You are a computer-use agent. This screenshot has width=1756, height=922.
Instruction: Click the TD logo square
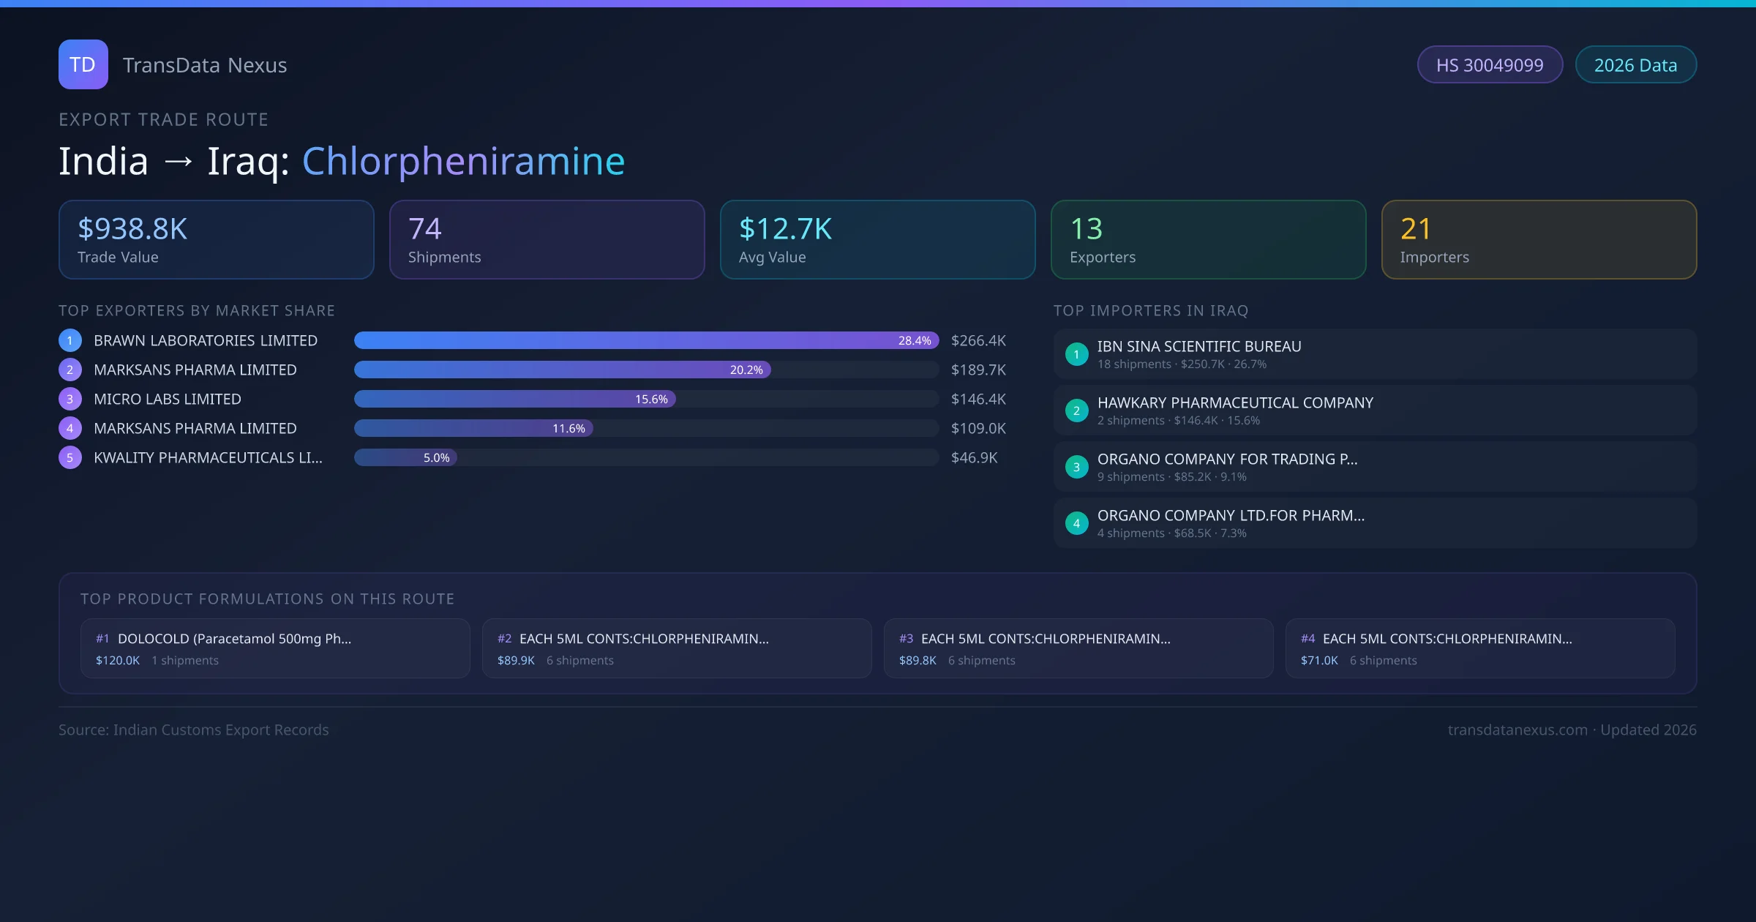pyautogui.click(x=83, y=64)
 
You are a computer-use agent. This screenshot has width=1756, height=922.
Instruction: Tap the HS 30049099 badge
pyautogui.click(x=1489, y=65)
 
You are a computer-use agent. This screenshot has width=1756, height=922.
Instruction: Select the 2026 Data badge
pyautogui.click(x=1635, y=65)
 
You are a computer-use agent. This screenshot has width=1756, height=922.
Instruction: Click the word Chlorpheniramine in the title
pyautogui.click(x=463, y=161)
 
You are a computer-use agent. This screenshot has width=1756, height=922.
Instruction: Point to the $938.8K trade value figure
pyautogui.click(x=132, y=228)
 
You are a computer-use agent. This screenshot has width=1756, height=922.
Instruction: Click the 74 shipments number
pyautogui.click(x=424, y=228)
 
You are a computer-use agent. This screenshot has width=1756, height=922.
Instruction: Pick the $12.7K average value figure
pyautogui.click(x=785, y=228)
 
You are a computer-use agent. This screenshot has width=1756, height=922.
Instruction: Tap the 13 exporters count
pyautogui.click(x=1086, y=228)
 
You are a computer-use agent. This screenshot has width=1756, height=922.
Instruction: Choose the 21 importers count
pyautogui.click(x=1416, y=228)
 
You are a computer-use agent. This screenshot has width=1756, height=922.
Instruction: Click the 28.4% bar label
pyautogui.click(x=914, y=340)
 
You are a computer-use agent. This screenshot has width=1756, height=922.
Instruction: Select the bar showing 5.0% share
pyautogui.click(x=405, y=457)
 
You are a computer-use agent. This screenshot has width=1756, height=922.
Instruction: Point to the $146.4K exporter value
pyautogui.click(x=978, y=399)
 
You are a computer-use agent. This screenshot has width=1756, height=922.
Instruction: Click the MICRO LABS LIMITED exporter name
pyautogui.click(x=167, y=399)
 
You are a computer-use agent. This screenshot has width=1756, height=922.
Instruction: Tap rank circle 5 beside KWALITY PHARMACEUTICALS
pyautogui.click(x=70, y=457)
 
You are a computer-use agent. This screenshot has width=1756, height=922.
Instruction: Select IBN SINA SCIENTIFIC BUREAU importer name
pyautogui.click(x=1198, y=346)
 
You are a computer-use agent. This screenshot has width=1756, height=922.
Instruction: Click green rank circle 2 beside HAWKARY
pyautogui.click(x=1076, y=411)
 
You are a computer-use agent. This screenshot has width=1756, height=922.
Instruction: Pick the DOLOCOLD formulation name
pyautogui.click(x=234, y=638)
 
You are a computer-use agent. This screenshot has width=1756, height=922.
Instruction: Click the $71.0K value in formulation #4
pyautogui.click(x=1318, y=660)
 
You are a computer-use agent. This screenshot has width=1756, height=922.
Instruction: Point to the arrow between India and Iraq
pyautogui.click(x=178, y=162)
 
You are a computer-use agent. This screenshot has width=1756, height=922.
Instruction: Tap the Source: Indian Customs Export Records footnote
pyautogui.click(x=193, y=730)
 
